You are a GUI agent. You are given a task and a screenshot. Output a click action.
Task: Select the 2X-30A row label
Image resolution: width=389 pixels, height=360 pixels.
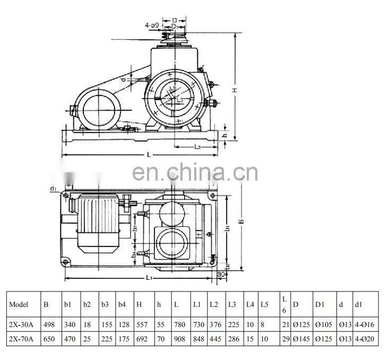[x=21, y=324]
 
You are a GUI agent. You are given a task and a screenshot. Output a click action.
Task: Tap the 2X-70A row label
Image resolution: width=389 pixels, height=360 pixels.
[x=21, y=338]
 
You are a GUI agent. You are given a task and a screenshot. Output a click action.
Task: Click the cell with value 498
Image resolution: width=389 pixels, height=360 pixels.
[x=49, y=324]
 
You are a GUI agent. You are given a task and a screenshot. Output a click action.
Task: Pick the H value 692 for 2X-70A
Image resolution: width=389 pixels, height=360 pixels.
[x=142, y=338]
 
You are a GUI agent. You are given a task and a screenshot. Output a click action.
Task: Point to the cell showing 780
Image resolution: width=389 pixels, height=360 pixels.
[x=179, y=324]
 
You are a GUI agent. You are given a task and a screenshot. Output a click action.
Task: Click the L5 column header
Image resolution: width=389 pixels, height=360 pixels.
[x=265, y=305]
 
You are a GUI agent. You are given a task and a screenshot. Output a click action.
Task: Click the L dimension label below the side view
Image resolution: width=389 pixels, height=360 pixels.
[x=149, y=154]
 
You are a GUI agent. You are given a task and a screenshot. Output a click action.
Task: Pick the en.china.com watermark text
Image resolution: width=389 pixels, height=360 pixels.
[x=194, y=173]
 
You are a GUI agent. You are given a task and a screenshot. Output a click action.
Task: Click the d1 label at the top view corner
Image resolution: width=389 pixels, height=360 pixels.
[x=54, y=188]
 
